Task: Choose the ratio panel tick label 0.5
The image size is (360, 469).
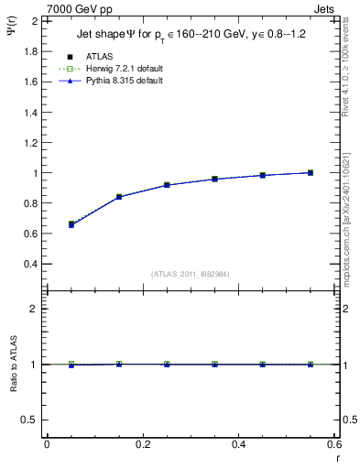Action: (x=32, y=420)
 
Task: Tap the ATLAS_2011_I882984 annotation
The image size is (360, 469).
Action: (x=190, y=273)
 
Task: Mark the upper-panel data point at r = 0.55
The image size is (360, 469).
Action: (x=311, y=172)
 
